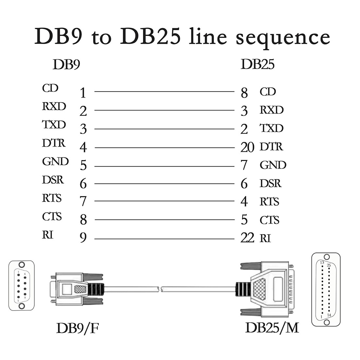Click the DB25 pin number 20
[247, 148]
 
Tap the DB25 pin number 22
[247, 238]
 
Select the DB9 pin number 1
[83, 93]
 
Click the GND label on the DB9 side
[55, 162]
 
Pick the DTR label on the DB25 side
[271, 147]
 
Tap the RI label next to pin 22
[265, 239]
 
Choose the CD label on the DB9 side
[50, 88]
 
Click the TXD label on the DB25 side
[271, 128]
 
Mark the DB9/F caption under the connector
[77, 328]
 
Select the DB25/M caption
[272, 328]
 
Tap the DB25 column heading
[258, 64]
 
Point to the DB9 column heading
[66, 65]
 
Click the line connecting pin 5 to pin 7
[164, 166]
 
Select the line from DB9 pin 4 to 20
[164, 148]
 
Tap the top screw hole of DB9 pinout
[22, 265]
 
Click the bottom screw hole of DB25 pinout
[327, 322]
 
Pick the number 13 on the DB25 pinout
[322, 262]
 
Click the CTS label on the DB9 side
[52, 217]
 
